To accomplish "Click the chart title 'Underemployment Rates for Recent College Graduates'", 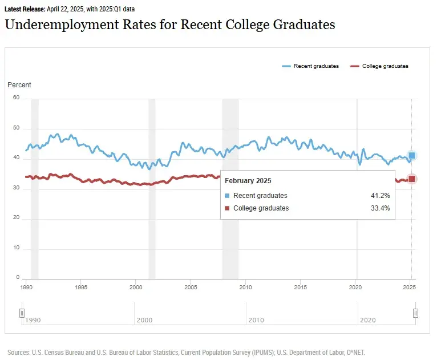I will (169, 25).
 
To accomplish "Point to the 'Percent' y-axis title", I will (19, 85).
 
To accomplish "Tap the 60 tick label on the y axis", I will (16, 98).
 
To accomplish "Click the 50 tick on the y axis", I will (16, 128).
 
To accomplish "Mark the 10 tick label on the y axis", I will (16, 248).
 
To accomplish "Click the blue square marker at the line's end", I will (411, 155).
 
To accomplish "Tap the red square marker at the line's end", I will (411, 179).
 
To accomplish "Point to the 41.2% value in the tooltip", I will (380, 196).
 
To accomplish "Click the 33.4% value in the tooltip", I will (380, 208).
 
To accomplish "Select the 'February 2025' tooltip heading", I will (248, 181).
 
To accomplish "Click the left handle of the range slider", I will (22, 313).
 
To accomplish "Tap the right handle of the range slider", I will (415, 313).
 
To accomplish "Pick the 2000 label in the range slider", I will (144, 321).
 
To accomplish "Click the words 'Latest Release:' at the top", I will (25, 10).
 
